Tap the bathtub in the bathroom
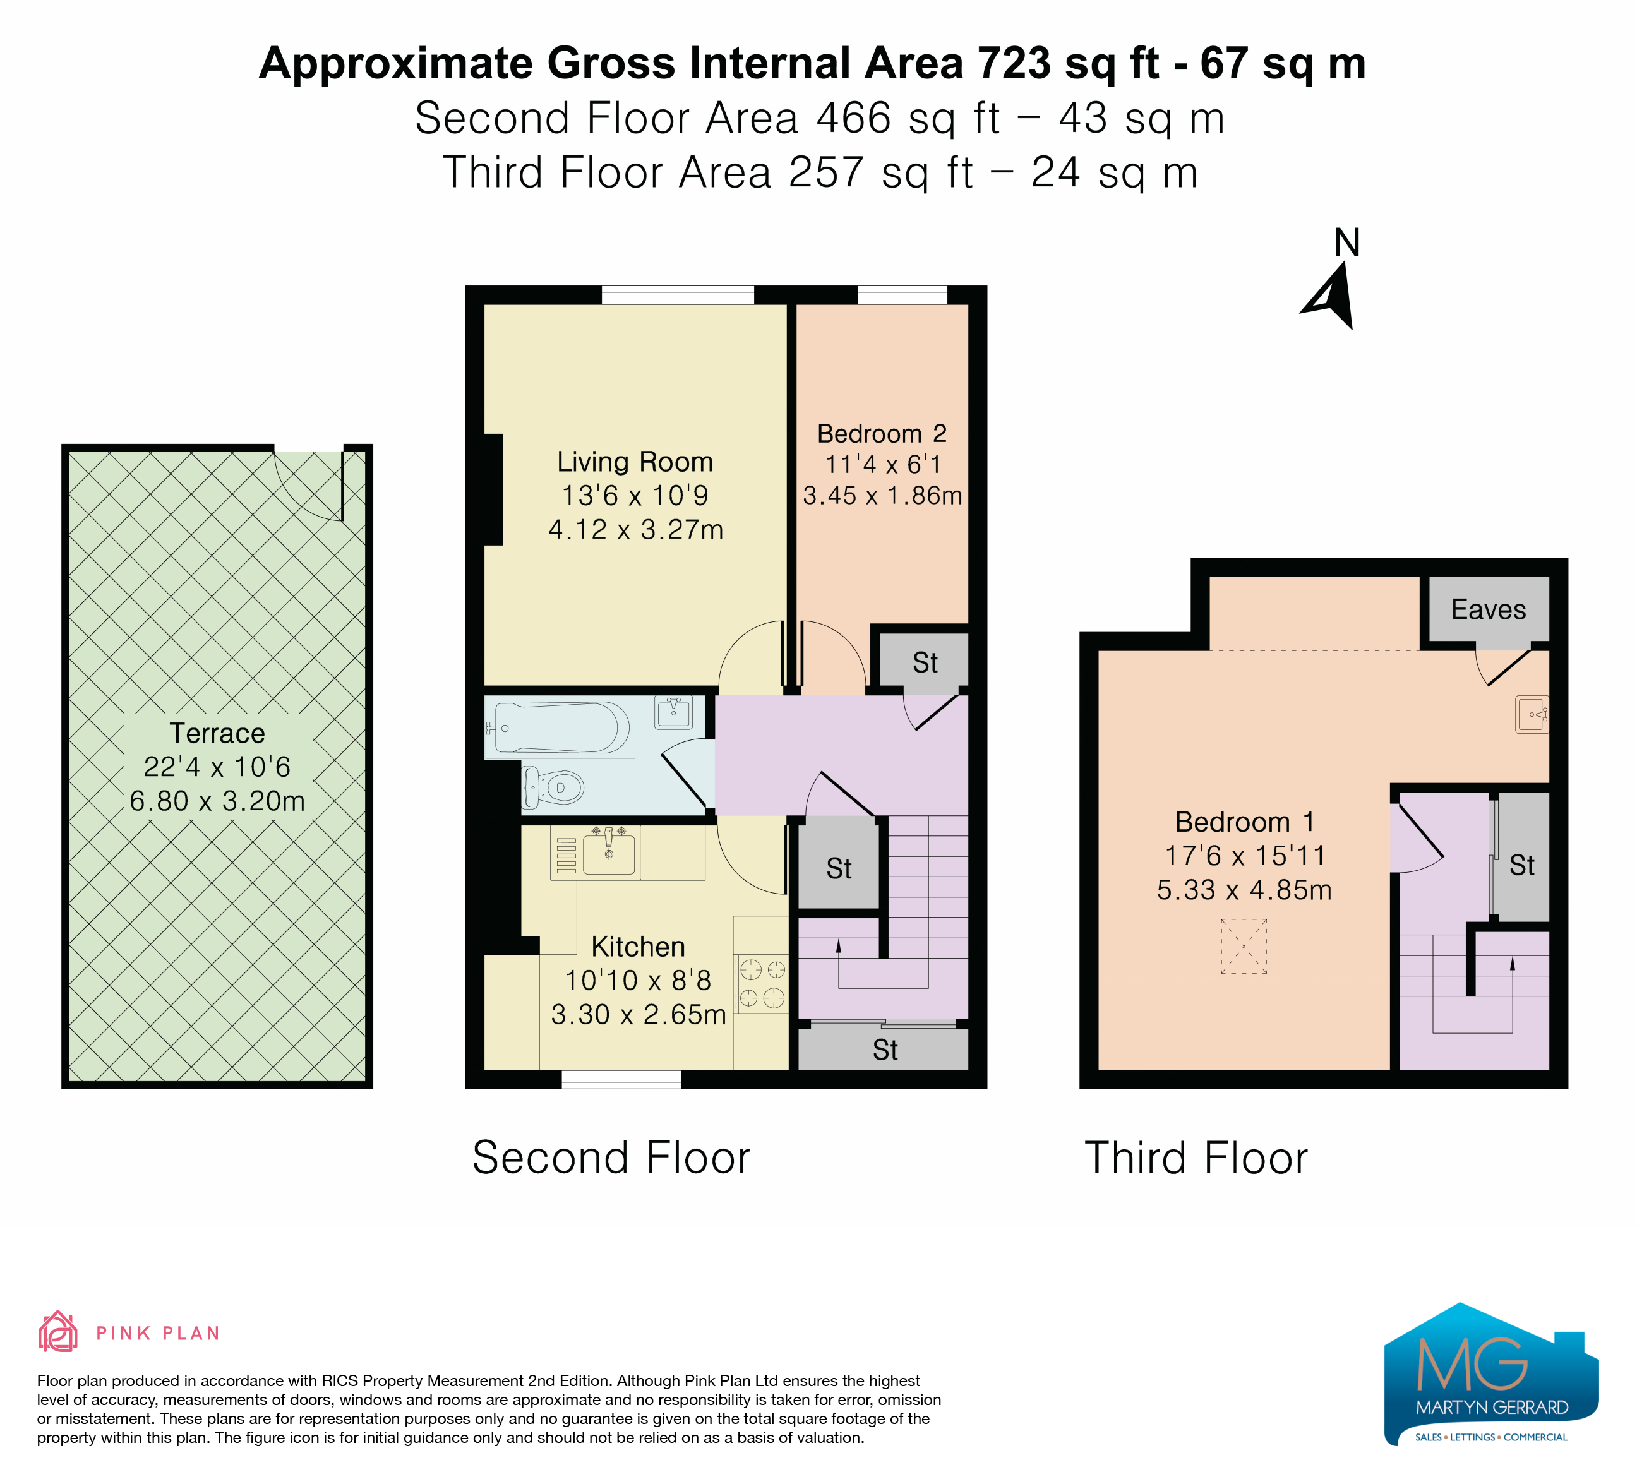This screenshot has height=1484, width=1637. coord(560,727)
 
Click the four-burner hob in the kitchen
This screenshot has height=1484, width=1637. coord(762,983)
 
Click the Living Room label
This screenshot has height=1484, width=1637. coord(635,462)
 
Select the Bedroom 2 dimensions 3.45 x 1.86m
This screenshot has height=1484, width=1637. coord(883,495)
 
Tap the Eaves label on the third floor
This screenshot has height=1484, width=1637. coord(1489,609)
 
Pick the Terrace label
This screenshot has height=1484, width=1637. coord(218,733)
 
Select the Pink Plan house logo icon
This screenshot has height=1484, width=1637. coord(57,1331)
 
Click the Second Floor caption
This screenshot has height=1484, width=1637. coord(611,1158)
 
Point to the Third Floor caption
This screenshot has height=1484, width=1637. coord(1196,1158)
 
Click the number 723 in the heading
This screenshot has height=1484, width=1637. coord(1014,63)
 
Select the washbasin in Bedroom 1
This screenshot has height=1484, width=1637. coord(1532,714)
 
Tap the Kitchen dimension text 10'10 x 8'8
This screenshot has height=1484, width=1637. coord(639,981)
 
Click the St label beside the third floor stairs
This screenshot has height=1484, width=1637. coord(1521,865)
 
